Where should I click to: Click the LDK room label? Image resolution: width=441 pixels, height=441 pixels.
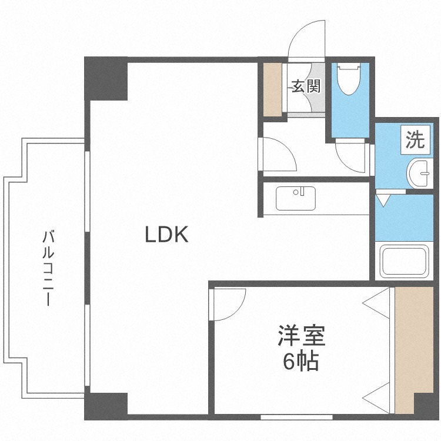pyautogui.click(x=166, y=235)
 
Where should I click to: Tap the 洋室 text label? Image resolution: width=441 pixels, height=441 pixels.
pyautogui.click(x=301, y=338)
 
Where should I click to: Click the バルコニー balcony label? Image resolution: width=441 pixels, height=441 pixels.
pyautogui.click(x=48, y=268)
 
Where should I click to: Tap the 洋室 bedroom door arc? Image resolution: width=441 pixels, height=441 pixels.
pyautogui.click(x=228, y=304)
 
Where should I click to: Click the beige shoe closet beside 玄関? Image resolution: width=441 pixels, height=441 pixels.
pyautogui.click(x=273, y=88)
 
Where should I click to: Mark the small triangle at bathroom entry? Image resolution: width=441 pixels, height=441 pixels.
pyautogui.click(x=383, y=200)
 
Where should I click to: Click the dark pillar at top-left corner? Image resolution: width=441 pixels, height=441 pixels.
pyautogui.click(x=106, y=79)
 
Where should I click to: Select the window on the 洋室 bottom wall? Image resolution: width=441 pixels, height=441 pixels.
pyautogui.click(x=293, y=417)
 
